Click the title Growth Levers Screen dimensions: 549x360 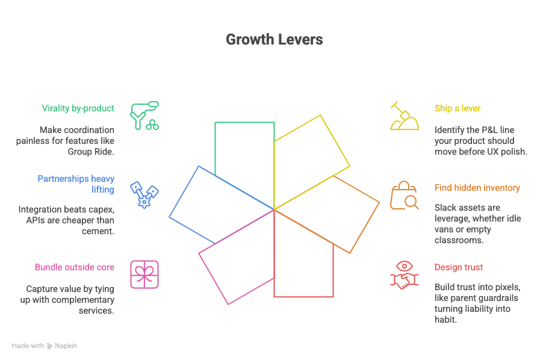pos(274,40)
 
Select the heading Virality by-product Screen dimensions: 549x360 pos(78,108)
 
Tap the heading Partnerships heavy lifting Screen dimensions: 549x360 pos(76,184)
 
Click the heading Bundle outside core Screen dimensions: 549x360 pos(74,267)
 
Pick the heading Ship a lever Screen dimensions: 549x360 pos(457,108)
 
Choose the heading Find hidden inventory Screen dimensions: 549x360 pos(477,188)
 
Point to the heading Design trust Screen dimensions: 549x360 pos(458,267)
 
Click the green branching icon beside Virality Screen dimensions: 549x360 pos(144,116)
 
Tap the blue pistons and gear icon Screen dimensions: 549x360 pos(144,194)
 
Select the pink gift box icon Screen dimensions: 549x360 pos(144,275)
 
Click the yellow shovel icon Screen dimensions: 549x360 pos(404,116)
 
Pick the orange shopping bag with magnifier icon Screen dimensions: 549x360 pos(404,195)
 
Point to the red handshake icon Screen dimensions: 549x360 pos(404,275)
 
